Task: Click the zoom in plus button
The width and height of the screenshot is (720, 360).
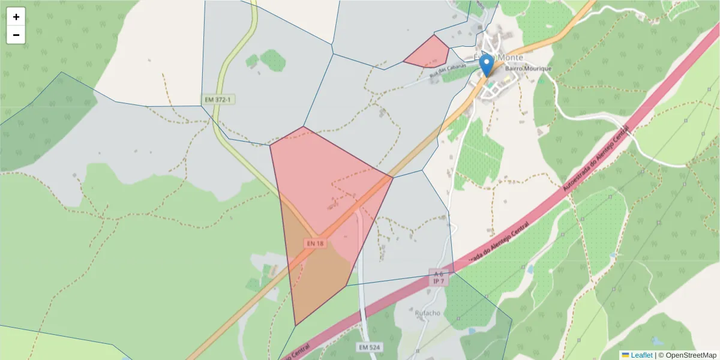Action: (x=16, y=17)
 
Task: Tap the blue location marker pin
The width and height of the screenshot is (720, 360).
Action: (x=487, y=65)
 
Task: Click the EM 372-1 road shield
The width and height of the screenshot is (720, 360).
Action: (x=217, y=99)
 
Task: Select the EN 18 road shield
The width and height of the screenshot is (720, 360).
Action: (x=315, y=244)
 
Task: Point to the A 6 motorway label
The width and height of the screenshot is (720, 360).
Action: (x=438, y=274)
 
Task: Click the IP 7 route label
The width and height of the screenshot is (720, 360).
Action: (x=438, y=281)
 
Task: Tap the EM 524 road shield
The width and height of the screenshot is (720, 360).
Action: (x=370, y=347)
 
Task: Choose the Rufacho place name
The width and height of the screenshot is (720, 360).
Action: (x=427, y=313)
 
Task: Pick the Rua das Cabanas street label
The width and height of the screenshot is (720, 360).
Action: (x=448, y=71)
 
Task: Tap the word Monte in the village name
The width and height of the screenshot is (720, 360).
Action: (x=511, y=58)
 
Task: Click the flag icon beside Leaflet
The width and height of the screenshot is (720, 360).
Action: (x=625, y=355)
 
